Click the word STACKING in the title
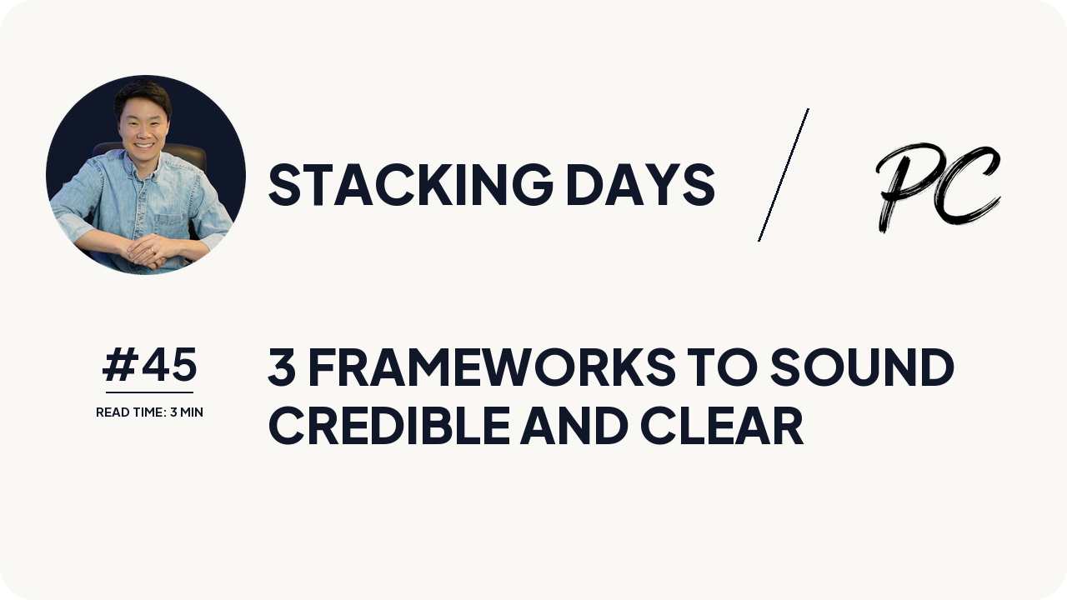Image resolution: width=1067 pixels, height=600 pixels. coord(409,184)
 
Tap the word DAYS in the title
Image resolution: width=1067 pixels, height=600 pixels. coord(639,184)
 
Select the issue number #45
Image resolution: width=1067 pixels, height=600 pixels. coord(150,365)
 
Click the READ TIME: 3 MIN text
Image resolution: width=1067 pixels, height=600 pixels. coord(149,412)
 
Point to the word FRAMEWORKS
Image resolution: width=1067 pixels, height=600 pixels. coord(491,367)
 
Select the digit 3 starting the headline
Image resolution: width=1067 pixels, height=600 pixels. coord(282,367)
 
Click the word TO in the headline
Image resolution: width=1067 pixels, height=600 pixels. coord(722,367)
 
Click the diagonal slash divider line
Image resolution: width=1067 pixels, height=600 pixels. coord(784,175)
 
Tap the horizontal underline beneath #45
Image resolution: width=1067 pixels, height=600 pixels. coord(149,392)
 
